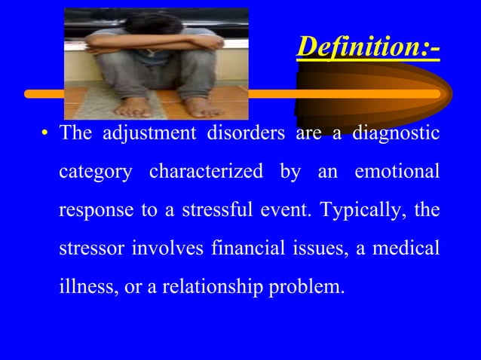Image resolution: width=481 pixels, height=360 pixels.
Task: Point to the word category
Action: click(x=97, y=172)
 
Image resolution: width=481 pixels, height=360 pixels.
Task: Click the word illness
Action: click(x=83, y=288)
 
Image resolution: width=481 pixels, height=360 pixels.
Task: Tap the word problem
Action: click(x=309, y=288)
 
